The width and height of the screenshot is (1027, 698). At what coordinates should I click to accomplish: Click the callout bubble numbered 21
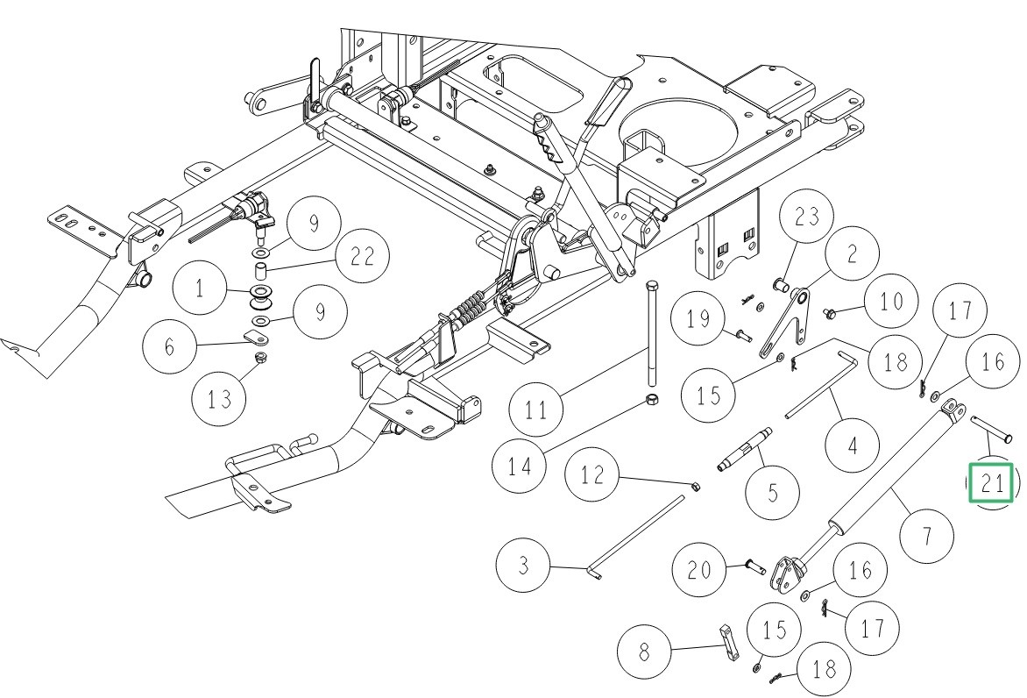coord(990,482)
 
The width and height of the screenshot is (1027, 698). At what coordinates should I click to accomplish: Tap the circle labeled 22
coord(363,256)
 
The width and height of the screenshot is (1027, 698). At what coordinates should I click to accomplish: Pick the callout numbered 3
coord(523,565)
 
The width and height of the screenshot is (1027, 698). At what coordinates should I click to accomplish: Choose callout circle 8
coord(646,653)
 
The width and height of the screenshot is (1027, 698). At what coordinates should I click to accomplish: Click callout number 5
coord(772,492)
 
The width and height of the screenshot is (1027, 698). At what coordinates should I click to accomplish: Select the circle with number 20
coord(699,570)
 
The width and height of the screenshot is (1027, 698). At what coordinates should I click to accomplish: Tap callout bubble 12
coord(593,476)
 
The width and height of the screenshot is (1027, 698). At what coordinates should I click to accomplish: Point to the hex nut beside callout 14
coord(652,400)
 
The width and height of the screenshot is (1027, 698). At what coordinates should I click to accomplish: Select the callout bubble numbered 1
coord(200,288)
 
